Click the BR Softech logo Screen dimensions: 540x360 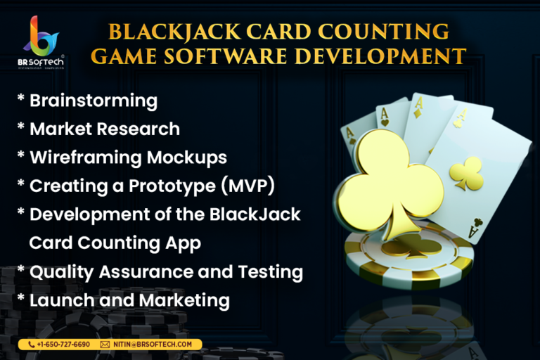point(41,42)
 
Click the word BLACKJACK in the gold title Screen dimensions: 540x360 point(174,32)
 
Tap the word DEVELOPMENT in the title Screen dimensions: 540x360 point(380,56)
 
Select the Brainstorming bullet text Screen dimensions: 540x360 point(94,101)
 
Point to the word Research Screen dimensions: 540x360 point(138,129)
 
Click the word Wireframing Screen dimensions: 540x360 point(86,157)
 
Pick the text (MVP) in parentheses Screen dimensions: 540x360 point(247,186)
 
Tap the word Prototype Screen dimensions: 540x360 point(172,186)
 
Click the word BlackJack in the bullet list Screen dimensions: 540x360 point(255,214)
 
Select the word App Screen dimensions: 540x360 point(183,243)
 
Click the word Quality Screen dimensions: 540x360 point(61,272)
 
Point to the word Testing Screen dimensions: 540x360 point(270,272)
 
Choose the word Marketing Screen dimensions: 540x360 point(185,301)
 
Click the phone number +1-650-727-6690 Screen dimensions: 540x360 point(63,345)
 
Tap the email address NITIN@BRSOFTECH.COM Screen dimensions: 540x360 point(153,345)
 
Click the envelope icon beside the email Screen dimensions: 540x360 point(105,345)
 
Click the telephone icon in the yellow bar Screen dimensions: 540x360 point(32,345)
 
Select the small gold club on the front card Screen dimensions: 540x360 point(467,173)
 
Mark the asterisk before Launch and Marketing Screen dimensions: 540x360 point(21,297)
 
